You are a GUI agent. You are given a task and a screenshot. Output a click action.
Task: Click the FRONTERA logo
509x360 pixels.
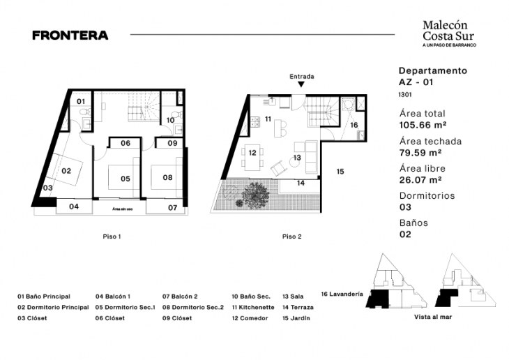tap(70, 35)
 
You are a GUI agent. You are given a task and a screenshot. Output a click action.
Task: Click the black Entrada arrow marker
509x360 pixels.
tap(301, 84)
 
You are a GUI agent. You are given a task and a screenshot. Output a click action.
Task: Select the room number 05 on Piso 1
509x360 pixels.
tap(126, 179)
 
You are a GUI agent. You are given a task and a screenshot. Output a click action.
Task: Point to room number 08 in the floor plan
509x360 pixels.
tap(167, 177)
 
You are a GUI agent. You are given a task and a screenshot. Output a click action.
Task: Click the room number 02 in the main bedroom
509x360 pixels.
tap(67, 170)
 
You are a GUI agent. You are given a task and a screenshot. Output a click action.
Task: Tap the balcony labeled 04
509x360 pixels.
tap(74, 207)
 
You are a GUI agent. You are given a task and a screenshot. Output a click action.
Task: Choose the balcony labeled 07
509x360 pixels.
tap(172, 207)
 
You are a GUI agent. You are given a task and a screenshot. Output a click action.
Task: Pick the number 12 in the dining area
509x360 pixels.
tap(252, 153)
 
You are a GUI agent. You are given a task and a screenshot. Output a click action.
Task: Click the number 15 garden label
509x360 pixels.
tap(340, 171)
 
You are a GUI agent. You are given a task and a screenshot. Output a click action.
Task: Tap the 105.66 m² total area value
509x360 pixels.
tap(421, 126)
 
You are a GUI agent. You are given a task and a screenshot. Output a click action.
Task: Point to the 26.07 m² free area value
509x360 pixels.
tap(420, 180)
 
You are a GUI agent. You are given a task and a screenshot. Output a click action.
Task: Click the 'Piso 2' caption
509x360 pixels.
tap(291, 237)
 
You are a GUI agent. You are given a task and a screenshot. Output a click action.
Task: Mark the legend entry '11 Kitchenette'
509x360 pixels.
tap(254, 307)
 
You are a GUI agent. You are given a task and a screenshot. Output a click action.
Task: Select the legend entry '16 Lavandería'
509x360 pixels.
tap(342, 294)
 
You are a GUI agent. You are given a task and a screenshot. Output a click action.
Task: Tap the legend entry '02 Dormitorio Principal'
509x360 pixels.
tap(53, 307)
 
